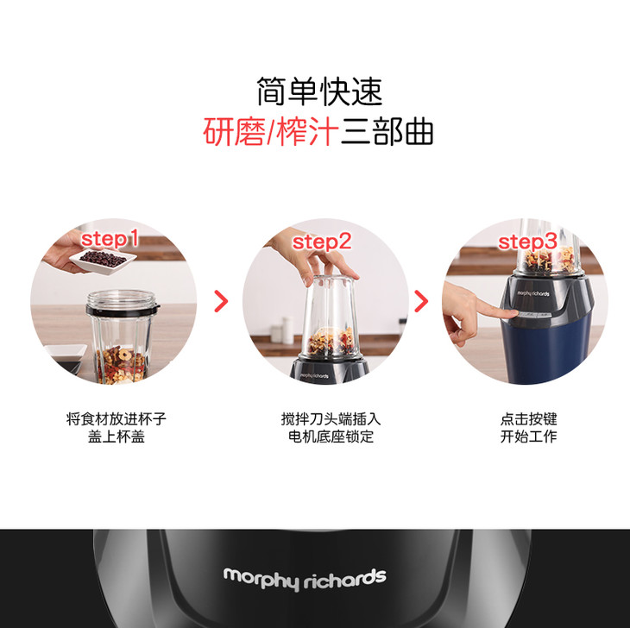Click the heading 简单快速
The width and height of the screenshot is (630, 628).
319,91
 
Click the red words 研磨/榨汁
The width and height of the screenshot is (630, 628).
270,132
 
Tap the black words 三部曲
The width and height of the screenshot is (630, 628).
387,132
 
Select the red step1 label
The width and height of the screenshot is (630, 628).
110,239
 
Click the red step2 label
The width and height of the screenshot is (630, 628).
322,242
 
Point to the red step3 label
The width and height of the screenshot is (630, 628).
527,242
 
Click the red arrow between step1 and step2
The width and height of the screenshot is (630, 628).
222,301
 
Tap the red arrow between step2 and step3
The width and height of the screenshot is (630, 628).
421,301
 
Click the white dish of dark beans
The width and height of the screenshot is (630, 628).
103,261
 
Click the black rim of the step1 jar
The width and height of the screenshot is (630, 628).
123,310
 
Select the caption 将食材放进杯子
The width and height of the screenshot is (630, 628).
117,418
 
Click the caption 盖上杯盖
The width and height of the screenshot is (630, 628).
117,436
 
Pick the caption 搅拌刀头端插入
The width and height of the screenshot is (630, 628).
331,418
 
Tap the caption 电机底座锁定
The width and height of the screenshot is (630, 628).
331,436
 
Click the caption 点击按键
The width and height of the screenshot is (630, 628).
528,418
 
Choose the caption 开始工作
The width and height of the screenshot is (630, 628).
528,436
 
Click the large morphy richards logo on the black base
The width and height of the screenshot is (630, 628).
305,579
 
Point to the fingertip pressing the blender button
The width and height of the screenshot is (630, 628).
513,313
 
